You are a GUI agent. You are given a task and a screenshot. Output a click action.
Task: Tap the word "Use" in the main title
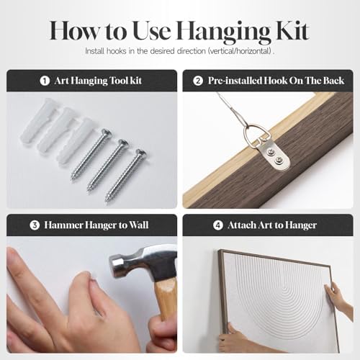pos(152,31)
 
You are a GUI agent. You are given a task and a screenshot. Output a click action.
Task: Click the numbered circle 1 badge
pos(45,81)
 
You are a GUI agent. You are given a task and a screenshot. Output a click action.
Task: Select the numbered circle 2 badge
pos(198,81)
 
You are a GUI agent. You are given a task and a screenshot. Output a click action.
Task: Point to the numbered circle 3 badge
pos(35,225)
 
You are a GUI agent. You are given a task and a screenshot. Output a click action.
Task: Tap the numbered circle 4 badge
pos(218,225)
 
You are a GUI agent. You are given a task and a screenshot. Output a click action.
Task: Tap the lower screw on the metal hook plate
pos(279,159)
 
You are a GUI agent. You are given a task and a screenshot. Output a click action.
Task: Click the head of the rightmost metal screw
pos(140,153)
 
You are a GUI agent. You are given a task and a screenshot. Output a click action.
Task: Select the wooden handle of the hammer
pos(165,300)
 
